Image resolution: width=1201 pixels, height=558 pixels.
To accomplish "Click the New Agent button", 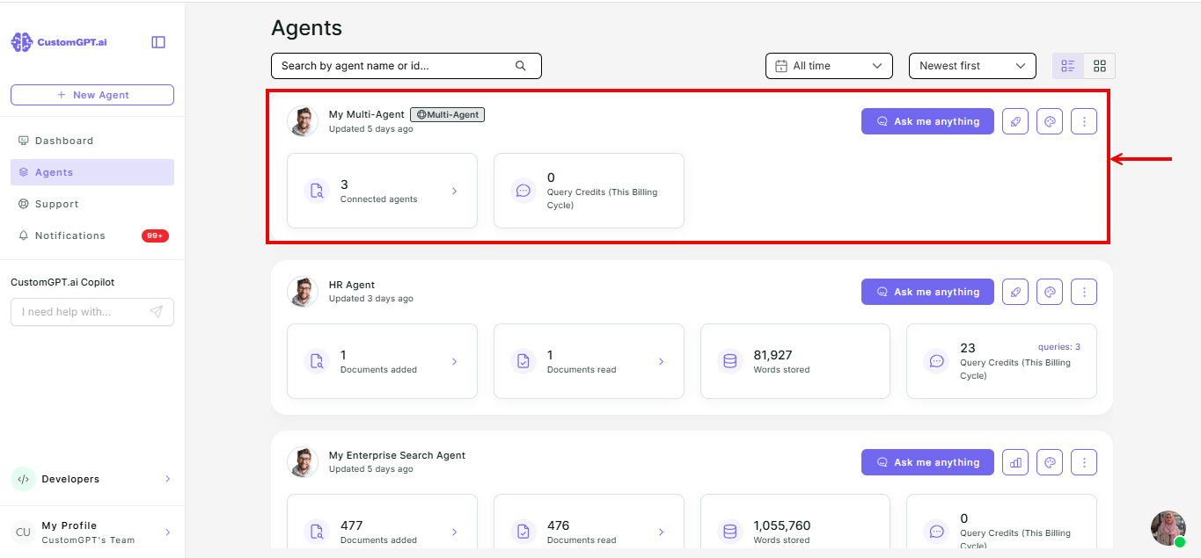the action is (x=92, y=95).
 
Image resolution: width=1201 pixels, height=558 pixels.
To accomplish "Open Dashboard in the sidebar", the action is (x=64, y=141).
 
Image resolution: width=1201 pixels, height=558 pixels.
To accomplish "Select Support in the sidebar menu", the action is (x=56, y=204).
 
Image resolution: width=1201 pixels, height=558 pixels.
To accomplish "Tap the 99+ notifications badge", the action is (x=155, y=236).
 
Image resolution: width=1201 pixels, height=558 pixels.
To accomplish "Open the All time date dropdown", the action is (x=829, y=66).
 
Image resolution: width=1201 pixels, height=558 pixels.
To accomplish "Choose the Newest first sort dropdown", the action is (x=972, y=66).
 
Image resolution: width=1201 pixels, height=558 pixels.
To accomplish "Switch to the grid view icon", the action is (x=1100, y=66).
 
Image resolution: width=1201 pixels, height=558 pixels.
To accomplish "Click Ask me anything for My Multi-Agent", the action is (x=927, y=121).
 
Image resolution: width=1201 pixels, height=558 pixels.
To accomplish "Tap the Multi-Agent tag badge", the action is (x=447, y=114).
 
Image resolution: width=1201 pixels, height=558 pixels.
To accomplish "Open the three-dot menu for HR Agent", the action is (x=1084, y=292).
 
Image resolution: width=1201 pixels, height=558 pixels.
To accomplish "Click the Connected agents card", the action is (x=382, y=192).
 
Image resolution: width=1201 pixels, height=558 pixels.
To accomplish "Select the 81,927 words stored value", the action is (x=773, y=355).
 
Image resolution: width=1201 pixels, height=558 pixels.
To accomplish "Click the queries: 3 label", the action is (x=1059, y=347).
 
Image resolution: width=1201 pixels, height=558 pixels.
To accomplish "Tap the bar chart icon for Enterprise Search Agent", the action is (x=1015, y=462).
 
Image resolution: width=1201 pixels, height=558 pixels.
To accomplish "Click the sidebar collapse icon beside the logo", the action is (x=158, y=42).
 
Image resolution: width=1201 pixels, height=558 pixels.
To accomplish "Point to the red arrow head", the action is (x=1113, y=159).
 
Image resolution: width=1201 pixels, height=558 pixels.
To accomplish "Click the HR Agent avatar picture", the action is (x=303, y=292).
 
